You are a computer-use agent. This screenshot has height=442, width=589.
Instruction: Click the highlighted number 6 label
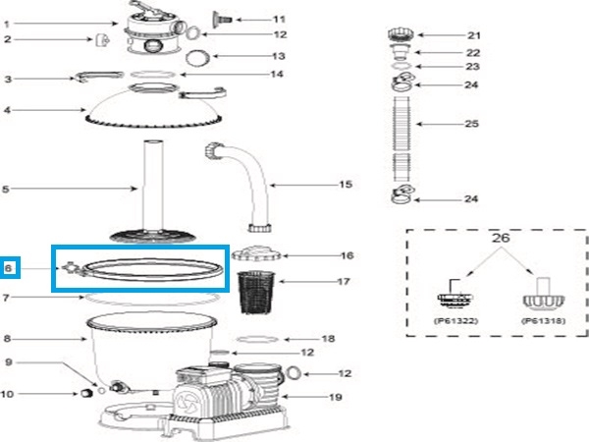click(10, 267)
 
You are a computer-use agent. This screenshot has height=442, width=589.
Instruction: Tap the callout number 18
click(329, 339)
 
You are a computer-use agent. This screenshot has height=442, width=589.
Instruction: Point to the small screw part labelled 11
click(221, 19)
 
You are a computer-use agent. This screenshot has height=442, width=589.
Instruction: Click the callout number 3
click(7, 79)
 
